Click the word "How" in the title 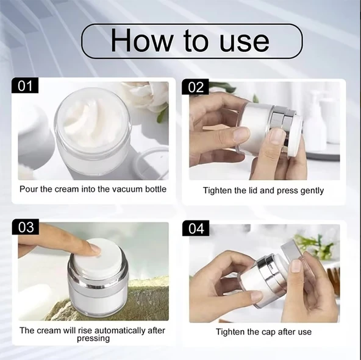click(141, 41)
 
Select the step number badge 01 click(25, 85)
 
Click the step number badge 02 click(196, 87)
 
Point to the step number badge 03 click(26, 227)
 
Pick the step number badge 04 click(196, 228)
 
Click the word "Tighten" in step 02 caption click(216, 191)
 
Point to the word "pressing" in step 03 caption click(93, 339)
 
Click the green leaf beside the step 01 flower click(162, 115)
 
